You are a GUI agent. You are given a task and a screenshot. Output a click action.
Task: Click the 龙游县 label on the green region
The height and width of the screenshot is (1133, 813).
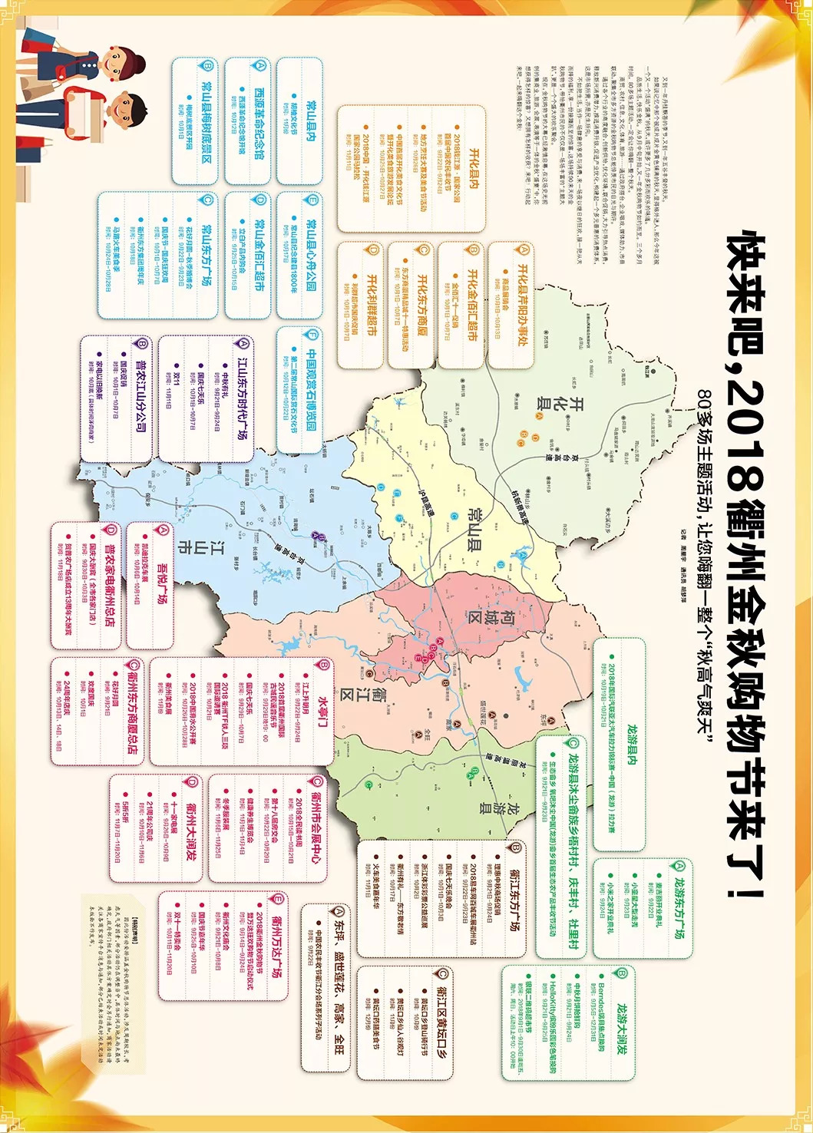498,807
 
